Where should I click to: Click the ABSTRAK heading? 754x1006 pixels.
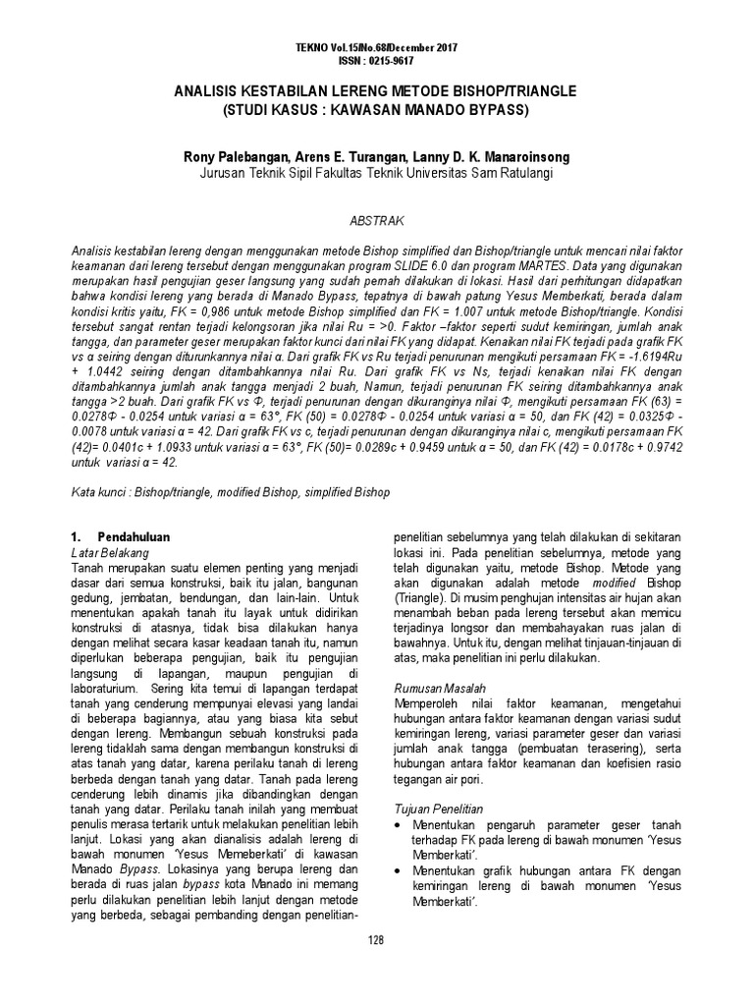tap(377, 223)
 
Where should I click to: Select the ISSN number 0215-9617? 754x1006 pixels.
tap(392, 59)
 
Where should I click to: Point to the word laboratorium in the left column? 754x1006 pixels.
tap(114, 688)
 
